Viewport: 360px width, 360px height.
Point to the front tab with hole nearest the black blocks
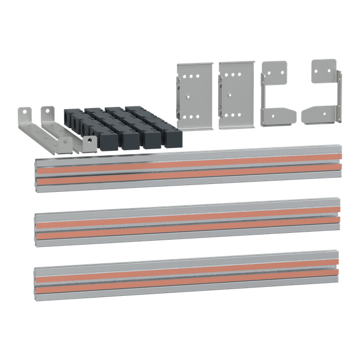coord(89,143)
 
